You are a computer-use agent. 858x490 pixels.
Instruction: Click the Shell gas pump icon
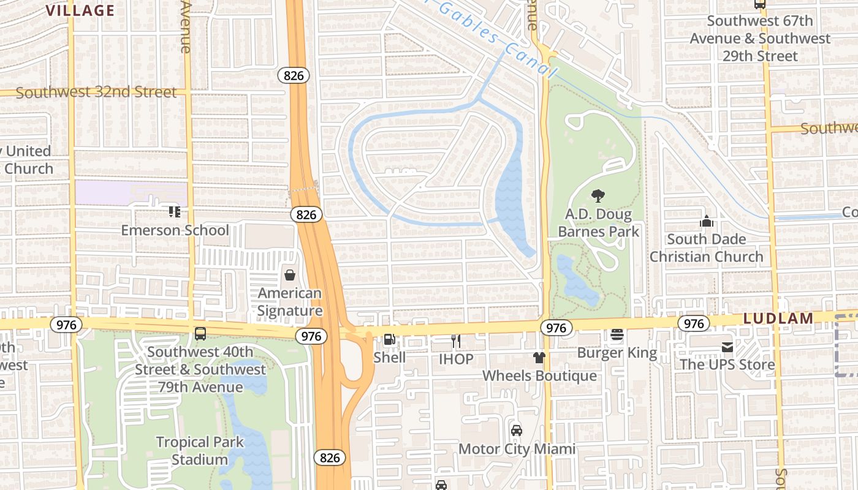pos(389,339)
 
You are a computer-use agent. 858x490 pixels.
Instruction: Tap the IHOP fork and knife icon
pos(455,341)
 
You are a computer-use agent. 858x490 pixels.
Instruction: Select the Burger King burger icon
pos(617,334)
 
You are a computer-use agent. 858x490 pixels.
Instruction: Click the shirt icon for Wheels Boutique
pos(539,357)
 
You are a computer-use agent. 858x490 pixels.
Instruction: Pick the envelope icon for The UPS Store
pos(727,347)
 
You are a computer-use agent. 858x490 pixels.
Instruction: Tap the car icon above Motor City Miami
pos(517,430)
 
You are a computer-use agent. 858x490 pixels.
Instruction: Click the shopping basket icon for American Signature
pos(289,275)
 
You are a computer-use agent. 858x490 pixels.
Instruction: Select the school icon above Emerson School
pos(175,212)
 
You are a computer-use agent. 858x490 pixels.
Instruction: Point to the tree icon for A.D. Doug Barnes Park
pos(598,196)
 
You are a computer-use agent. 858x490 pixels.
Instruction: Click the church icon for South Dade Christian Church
pos(706,221)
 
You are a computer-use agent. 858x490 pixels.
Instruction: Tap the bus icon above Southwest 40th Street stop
pos(200,334)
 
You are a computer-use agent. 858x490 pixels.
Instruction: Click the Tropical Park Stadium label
pos(200,450)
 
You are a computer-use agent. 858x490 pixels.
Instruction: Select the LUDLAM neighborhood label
pos(778,318)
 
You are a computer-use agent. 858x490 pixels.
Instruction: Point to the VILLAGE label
pos(80,10)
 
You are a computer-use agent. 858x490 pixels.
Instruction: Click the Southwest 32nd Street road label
pos(96,92)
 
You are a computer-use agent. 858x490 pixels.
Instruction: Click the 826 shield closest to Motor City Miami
pos(330,458)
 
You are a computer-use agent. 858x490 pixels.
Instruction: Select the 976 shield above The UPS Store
pos(693,323)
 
